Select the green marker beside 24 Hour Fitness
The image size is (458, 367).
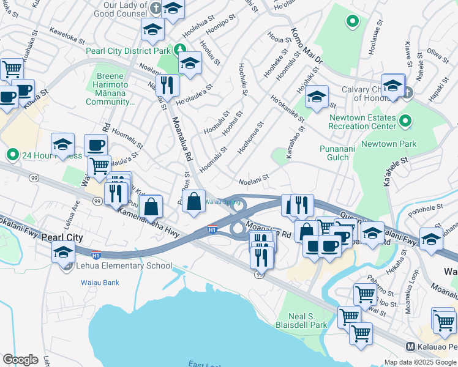click(x=11, y=154)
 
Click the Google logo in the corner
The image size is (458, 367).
click(x=20, y=359)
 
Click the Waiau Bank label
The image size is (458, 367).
click(x=100, y=283)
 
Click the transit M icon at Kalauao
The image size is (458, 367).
click(x=411, y=346)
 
